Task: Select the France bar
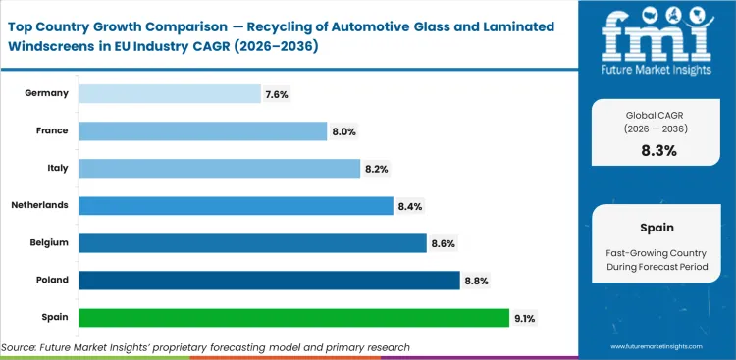[202, 130]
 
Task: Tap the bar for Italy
[219, 169]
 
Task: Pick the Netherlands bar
[236, 206]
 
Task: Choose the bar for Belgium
[252, 243]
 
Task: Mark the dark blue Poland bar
[269, 281]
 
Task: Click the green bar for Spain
[293, 318]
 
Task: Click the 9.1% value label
[525, 318]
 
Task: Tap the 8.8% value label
[476, 281]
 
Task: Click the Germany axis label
[47, 93]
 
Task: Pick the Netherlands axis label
[39, 206]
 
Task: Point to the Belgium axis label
[48, 243]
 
